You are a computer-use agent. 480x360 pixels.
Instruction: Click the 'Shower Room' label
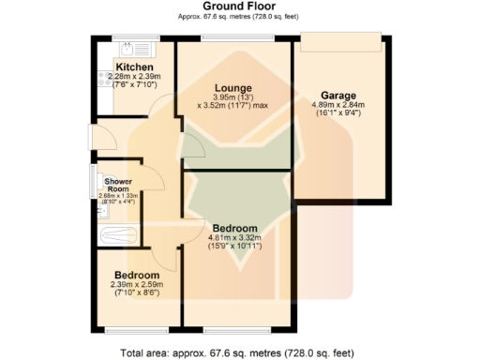(x=118, y=185)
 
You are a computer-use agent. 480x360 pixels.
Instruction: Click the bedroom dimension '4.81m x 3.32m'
(x=234, y=238)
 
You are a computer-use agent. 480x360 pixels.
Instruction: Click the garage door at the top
(x=340, y=37)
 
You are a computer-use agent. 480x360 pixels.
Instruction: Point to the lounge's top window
(x=237, y=37)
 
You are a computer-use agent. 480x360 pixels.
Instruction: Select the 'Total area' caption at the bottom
(x=237, y=352)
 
